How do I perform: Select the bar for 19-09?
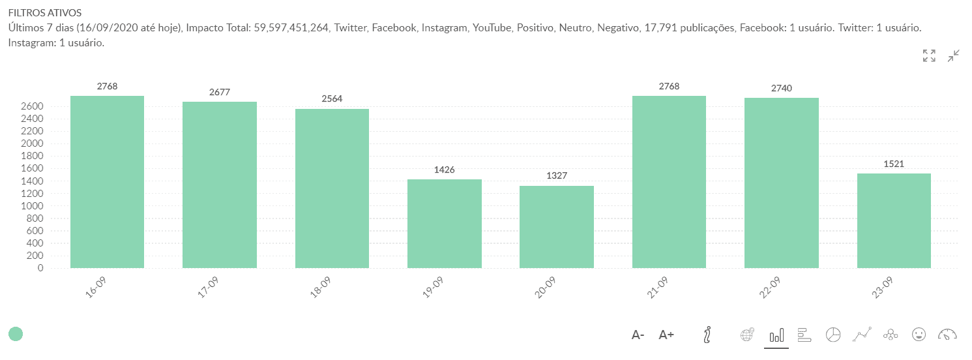(x=444, y=223)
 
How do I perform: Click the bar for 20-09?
(x=556, y=226)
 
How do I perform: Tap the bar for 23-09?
(x=894, y=220)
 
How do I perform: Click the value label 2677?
(x=220, y=93)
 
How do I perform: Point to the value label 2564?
(x=332, y=99)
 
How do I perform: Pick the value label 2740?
(x=781, y=88)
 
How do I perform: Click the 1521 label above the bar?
(x=894, y=164)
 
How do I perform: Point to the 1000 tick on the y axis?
(x=31, y=206)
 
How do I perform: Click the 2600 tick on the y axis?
(x=31, y=106)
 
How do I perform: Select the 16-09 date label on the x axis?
(x=95, y=288)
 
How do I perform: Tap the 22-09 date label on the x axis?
(x=769, y=288)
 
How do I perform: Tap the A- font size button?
(x=638, y=335)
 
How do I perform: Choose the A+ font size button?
(x=666, y=335)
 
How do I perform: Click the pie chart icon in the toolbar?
(x=832, y=335)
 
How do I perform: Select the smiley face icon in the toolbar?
(x=919, y=335)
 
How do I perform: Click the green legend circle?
(x=16, y=334)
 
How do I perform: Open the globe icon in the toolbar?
(x=748, y=335)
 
